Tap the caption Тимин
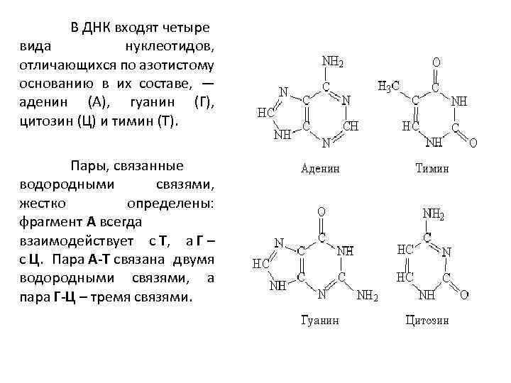pyautogui.click(x=432, y=169)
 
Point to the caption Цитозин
pyautogui.click(x=427, y=320)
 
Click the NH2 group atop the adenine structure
pyautogui.click(x=334, y=62)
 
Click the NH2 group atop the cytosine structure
pyautogui.click(x=434, y=213)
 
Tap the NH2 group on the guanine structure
pyautogui.click(x=367, y=294)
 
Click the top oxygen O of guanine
pyautogui.click(x=322, y=211)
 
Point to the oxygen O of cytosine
pyautogui.click(x=463, y=293)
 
